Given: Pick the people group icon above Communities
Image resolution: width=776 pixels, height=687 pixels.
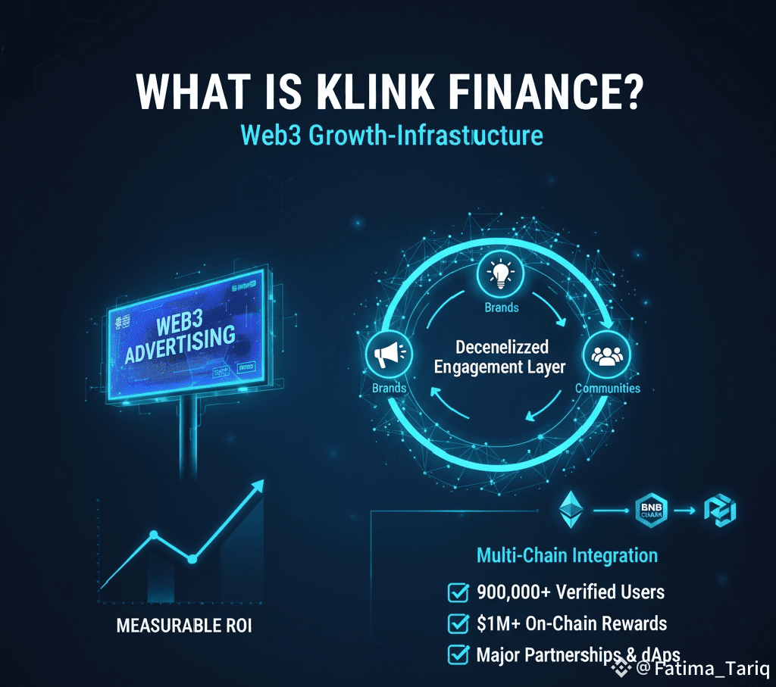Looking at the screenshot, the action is tap(606, 355).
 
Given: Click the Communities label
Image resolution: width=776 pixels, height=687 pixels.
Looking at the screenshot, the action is tap(608, 389).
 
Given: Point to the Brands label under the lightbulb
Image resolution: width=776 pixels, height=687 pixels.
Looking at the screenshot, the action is tap(501, 308).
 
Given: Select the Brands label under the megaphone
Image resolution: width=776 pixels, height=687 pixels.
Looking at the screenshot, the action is tap(389, 388).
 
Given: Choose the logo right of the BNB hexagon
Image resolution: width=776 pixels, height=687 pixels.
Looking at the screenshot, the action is tap(720, 510).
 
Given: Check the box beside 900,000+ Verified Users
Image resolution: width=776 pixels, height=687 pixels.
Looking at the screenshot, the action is tap(458, 592).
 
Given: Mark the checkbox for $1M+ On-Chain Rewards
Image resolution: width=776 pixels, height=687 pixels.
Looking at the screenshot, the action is tap(458, 623).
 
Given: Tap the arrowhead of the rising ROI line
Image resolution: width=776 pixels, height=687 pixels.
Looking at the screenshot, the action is tap(259, 483).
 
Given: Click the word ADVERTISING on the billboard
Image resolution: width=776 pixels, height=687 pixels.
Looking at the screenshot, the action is tap(180, 342).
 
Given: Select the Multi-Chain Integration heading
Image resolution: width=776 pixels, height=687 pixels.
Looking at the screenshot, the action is tap(567, 555).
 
